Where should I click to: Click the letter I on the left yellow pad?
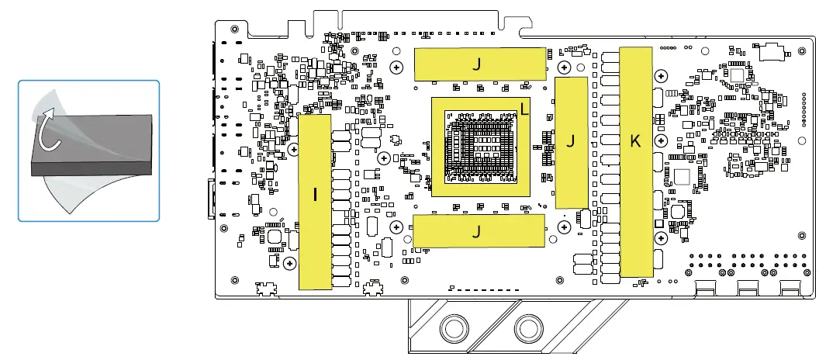[315, 196]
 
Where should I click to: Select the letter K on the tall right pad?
[635, 142]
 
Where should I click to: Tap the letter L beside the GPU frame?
[525, 110]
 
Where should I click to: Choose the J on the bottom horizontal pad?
[477, 231]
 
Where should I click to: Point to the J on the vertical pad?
[572, 141]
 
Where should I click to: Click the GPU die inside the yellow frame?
[481, 147]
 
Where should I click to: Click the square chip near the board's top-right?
[735, 75]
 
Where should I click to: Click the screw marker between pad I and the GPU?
[383, 157]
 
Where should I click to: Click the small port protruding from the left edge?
[212, 197]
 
